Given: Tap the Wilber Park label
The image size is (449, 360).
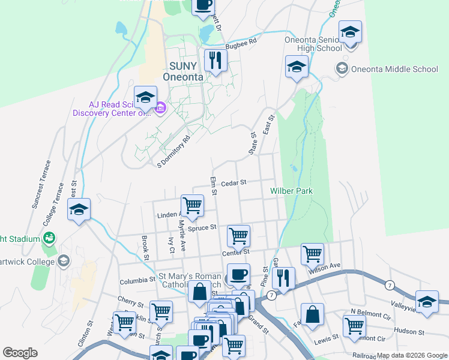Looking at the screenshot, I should click(x=292, y=191).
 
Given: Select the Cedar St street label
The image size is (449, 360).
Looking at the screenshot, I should click(x=234, y=182).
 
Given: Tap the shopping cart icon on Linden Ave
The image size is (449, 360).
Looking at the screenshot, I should click(x=192, y=205).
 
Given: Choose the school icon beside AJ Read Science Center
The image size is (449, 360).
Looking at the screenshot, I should click(x=145, y=97).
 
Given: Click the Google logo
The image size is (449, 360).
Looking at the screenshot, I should click(x=20, y=353).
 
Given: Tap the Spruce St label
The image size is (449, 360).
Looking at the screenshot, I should click(x=202, y=228).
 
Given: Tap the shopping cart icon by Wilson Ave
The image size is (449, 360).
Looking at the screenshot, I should click(x=312, y=254).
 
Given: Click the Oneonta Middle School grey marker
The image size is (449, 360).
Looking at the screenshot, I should click(x=342, y=68).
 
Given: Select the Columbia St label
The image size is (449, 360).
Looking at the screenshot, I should click(x=137, y=280).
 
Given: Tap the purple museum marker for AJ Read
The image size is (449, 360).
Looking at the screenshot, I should click(x=160, y=109).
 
